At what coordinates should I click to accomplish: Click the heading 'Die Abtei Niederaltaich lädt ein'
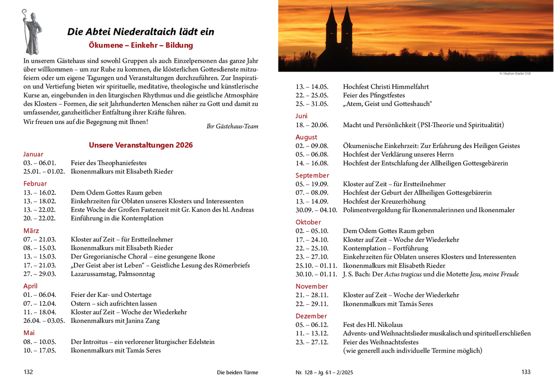coord(140,32)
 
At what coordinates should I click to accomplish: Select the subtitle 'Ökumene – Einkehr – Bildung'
coord(140,45)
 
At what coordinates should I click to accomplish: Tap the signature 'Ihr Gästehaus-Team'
coord(232,126)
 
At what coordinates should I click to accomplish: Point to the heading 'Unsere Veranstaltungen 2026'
coord(140,145)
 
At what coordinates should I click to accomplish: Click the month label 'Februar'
coord(35,184)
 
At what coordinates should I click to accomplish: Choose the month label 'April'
coord(30,286)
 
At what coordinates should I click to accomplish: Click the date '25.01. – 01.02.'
coord(44,171)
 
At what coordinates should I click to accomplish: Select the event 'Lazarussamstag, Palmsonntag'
coord(113,274)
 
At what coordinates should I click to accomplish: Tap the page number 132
coord(28,372)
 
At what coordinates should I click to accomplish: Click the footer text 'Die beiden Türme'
coord(237,372)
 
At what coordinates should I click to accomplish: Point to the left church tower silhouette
coord(331,32)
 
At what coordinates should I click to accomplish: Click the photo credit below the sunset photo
coord(515,73)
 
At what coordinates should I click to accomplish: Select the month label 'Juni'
coord(301,116)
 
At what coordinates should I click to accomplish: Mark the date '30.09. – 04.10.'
coord(316,210)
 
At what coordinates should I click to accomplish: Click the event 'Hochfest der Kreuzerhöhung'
coord(384,201)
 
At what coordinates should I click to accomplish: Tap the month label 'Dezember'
coord(311,316)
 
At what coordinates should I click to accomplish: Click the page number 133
coord(526,372)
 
